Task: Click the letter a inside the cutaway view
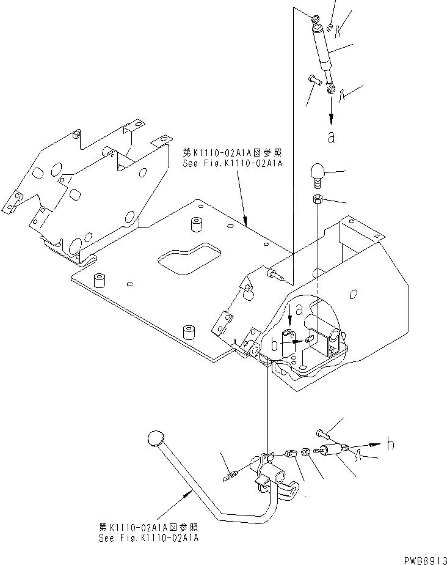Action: pos(299,311)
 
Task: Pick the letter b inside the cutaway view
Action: pos(275,344)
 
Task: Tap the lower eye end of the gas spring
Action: pos(330,90)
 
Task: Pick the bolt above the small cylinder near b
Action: pos(322,434)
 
